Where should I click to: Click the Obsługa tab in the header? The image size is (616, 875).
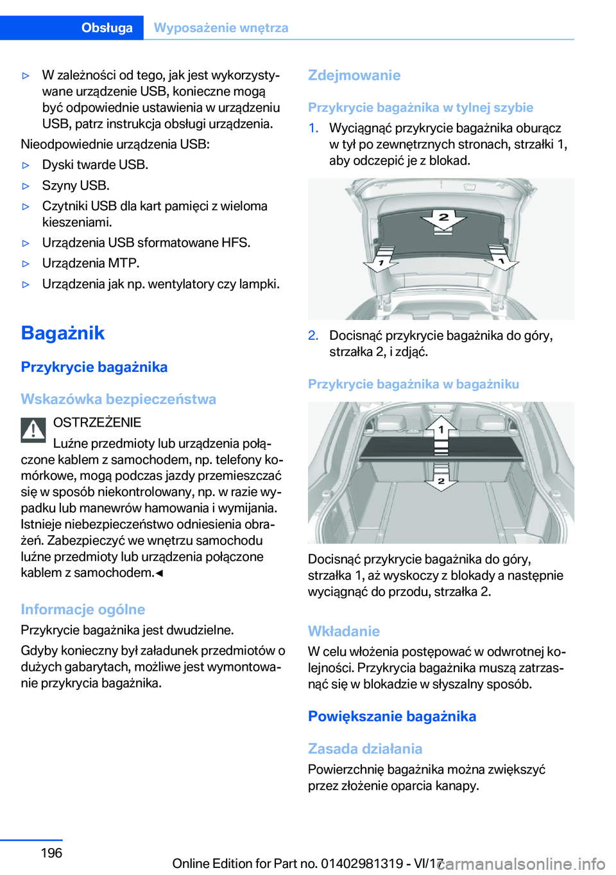pyautogui.click(x=107, y=28)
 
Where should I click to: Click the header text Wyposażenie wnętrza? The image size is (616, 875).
pyautogui.click(x=221, y=28)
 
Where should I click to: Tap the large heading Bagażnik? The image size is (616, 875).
pyautogui.click(x=63, y=333)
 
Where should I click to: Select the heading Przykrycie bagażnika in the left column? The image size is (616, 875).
pyautogui.click(x=94, y=367)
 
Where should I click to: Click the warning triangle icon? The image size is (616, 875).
pyautogui.click(x=33, y=430)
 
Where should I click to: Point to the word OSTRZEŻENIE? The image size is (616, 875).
pyautogui.click(x=97, y=422)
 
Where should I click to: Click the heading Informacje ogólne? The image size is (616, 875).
pyautogui.click(x=83, y=609)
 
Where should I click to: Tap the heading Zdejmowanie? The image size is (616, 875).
pyautogui.click(x=354, y=75)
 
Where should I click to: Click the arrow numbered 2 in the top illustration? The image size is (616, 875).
pyautogui.click(x=443, y=220)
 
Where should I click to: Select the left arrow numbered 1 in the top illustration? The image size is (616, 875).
pyautogui.click(x=381, y=262)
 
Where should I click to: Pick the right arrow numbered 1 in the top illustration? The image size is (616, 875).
pyautogui.click(x=501, y=260)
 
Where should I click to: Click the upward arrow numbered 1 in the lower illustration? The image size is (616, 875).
pyautogui.click(x=441, y=427)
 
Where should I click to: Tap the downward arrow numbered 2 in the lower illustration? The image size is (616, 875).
pyautogui.click(x=441, y=479)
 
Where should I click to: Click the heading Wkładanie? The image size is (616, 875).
pyautogui.click(x=344, y=631)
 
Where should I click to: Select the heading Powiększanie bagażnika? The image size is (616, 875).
pyautogui.click(x=392, y=716)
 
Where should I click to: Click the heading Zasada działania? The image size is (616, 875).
pyautogui.click(x=365, y=748)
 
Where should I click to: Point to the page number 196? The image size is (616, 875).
pyautogui.click(x=51, y=853)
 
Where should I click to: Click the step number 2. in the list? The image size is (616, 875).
pyautogui.click(x=313, y=335)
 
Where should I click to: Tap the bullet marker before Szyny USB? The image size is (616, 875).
pyautogui.click(x=26, y=186)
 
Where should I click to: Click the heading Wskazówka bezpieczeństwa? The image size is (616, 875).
pyautogui.click(x=119, y=399)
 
